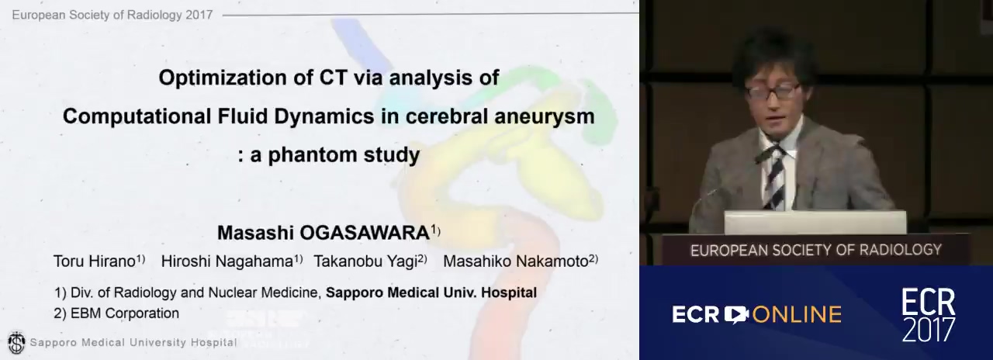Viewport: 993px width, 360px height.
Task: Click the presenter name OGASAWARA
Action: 365,233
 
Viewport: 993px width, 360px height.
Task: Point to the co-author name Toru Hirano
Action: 95,261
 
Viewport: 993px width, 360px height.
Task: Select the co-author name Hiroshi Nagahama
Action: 227,261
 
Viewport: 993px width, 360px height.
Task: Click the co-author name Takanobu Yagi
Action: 365,261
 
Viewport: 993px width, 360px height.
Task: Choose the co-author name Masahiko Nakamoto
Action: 516,261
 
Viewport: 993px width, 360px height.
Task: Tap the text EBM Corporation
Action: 125,313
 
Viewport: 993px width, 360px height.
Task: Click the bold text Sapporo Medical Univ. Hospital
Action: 431,292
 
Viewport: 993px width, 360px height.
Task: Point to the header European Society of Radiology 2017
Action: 112,15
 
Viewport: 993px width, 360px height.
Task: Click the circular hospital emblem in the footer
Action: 17,343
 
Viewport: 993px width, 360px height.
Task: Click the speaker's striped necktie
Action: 775,178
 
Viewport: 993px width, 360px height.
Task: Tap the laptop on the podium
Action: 815,222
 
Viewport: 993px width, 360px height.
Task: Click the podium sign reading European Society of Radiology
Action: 815,250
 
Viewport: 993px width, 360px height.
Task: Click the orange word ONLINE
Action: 797,314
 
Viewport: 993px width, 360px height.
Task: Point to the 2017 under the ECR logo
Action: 929,330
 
